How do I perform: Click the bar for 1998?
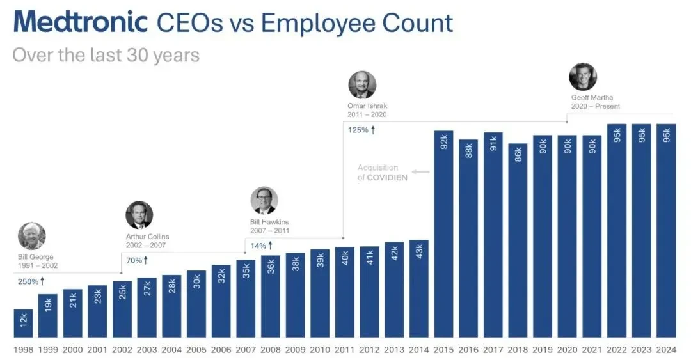pos(24,324)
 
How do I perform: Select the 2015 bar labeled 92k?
pos(443,234)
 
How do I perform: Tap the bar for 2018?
pos(518,240)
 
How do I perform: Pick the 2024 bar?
pos(666,231)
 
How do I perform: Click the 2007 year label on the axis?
pos(246,350)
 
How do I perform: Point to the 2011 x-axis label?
pos(344,350)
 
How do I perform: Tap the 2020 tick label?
pos(567,350)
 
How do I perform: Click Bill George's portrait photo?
pos(32,236)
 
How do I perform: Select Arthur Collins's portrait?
pos(139,215)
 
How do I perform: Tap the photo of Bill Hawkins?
pos(264,201)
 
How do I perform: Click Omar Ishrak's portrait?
pos(362,84)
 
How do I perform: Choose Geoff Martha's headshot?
pos(583,77)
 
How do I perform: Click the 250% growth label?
pos(31,281)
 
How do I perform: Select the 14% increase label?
pos(261,246)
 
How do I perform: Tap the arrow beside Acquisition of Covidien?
pos(421,172)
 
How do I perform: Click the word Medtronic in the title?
pos(81,22)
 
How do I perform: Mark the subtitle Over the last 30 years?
pos(106,56)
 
